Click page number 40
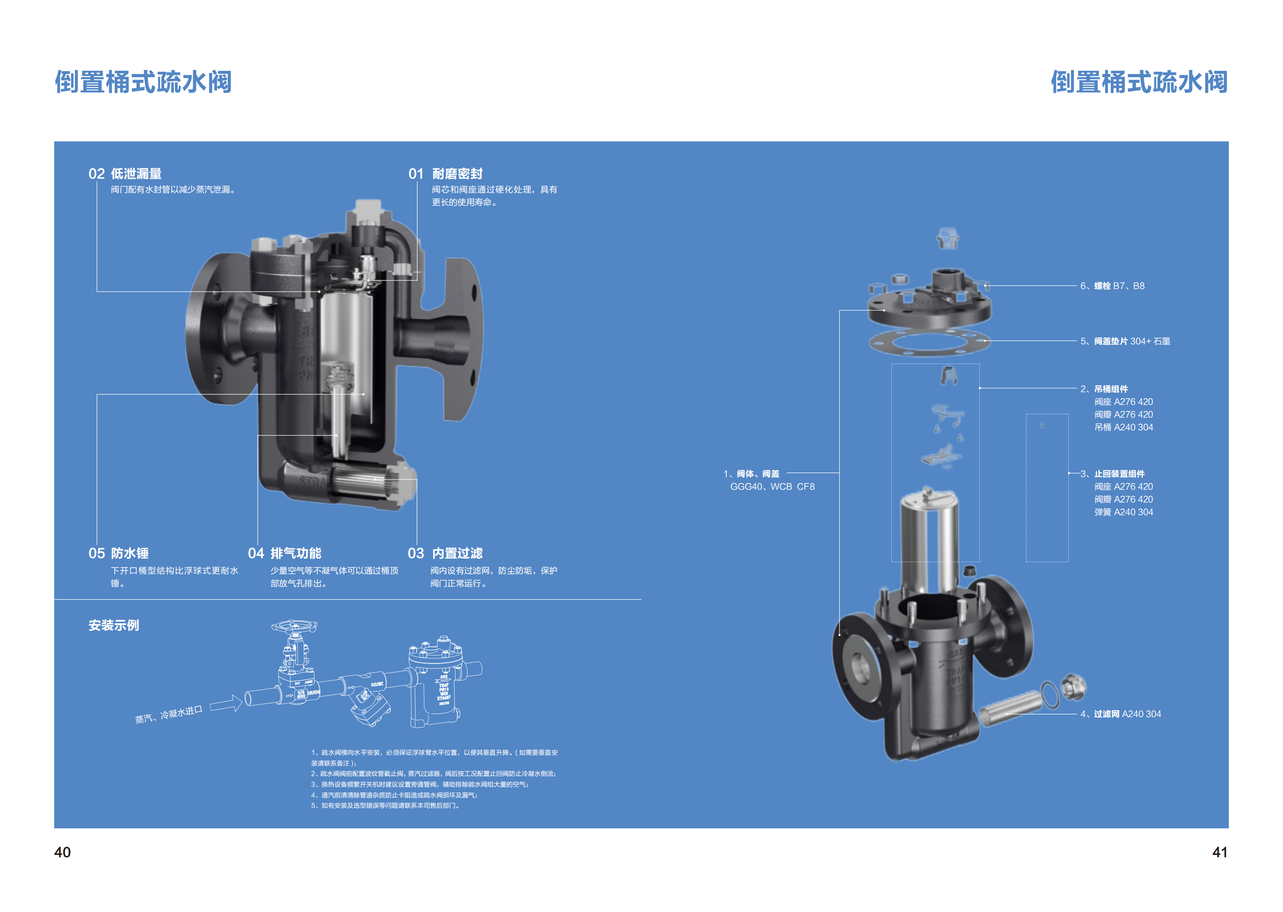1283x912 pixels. (x=62, y=853)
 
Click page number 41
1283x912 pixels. (x=1220, y=853)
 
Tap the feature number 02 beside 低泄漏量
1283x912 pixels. (x=96, y=174)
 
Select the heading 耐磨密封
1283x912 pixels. (x=457, y=174)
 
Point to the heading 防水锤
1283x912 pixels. (x=130, y=554)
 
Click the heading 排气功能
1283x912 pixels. (x=296, y=554)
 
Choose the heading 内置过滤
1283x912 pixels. (x=457, y=554)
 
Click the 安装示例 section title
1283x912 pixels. (x=114, y=626)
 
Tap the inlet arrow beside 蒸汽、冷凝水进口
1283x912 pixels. (x=226, y=704)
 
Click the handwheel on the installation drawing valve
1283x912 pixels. (x=294, y=626)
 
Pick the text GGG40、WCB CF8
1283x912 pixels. (x=772, y=487)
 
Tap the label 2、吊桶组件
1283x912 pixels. (x=1104, y=389)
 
